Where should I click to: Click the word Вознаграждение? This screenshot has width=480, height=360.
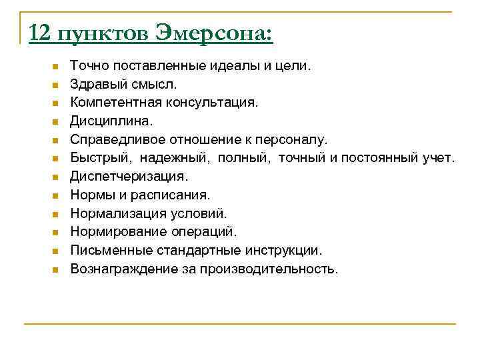point(121,269)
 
